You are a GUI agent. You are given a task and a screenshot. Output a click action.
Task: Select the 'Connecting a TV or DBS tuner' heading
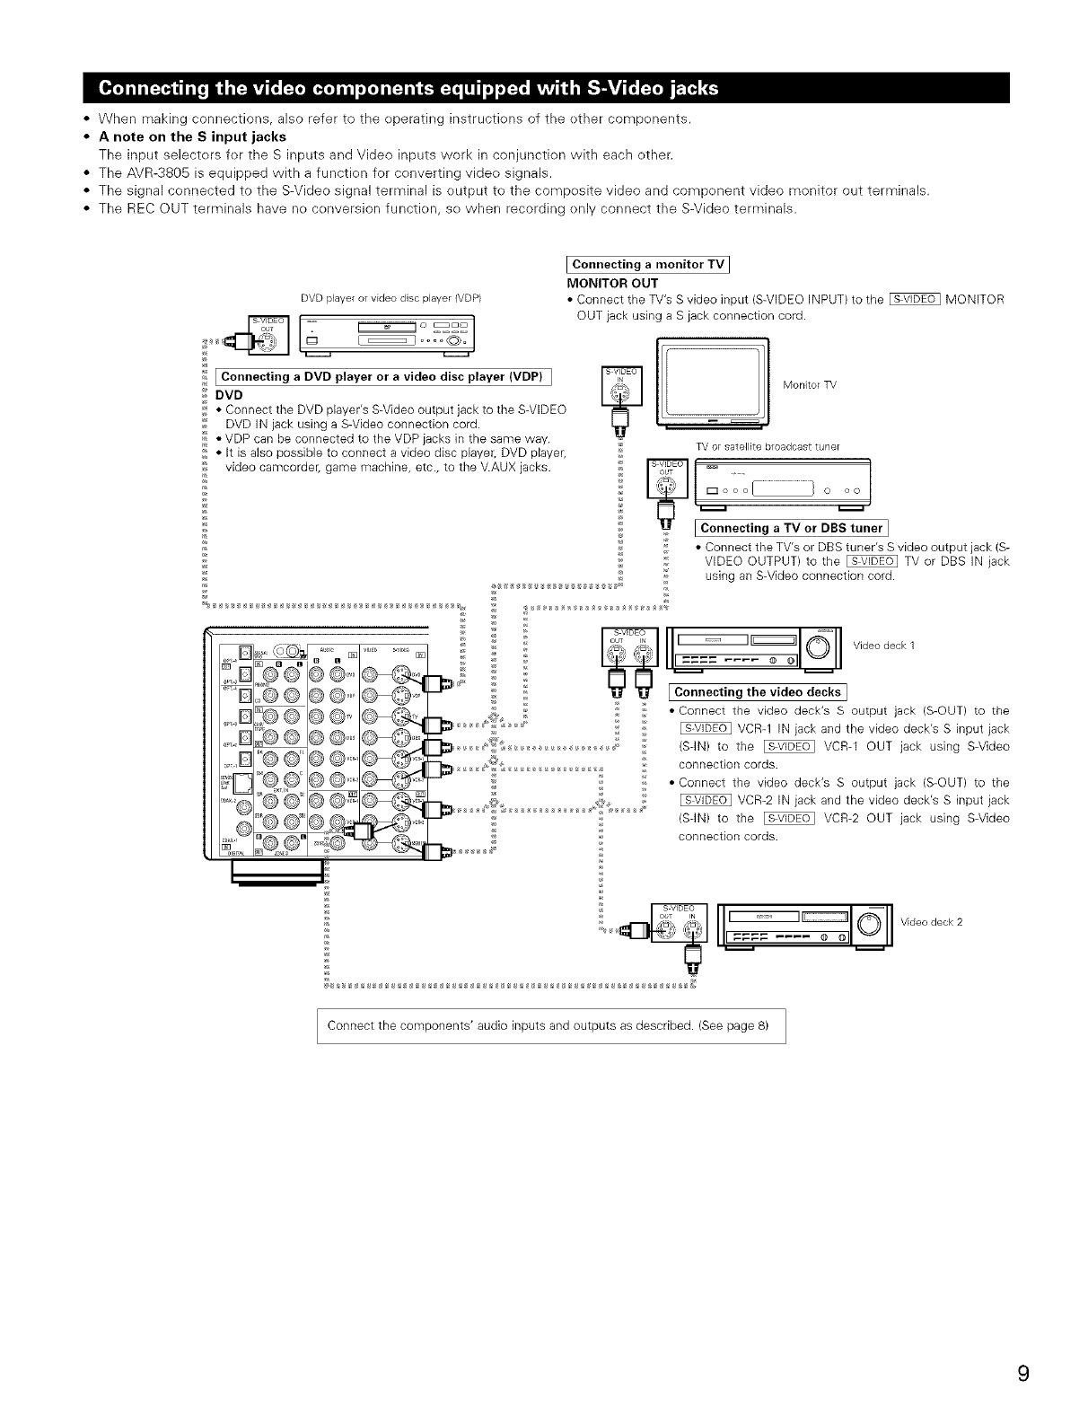pyautogui.click(x=791, y=528)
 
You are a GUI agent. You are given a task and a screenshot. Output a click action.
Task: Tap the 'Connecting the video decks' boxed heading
pyautogui.click(x=758, y=691)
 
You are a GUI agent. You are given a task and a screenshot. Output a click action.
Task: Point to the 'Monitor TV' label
pyautogui.click(x=809, y=385)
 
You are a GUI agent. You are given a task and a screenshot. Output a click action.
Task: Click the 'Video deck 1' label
pyautogui.click(x=884, y=646)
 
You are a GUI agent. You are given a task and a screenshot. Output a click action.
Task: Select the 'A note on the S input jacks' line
pyautogui.click(x=192, y=136)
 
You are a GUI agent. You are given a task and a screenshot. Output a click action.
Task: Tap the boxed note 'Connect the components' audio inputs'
pyautogui.click(x=550, y=1025)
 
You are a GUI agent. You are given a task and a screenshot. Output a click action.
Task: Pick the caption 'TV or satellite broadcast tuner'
pyautogui.click(x=767, y=446)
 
